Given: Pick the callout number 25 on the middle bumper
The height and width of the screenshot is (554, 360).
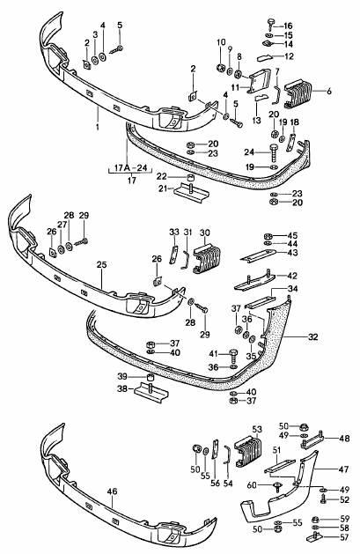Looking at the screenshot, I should (x=101, y=263).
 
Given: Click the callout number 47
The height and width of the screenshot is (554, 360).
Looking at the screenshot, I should (x=344, y=469).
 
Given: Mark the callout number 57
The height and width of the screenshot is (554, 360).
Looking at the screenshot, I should (x=344, y=536).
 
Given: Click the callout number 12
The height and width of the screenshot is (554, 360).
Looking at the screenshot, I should (x=288, y=55).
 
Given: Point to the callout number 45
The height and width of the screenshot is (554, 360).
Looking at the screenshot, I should (x=292, y=236).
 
